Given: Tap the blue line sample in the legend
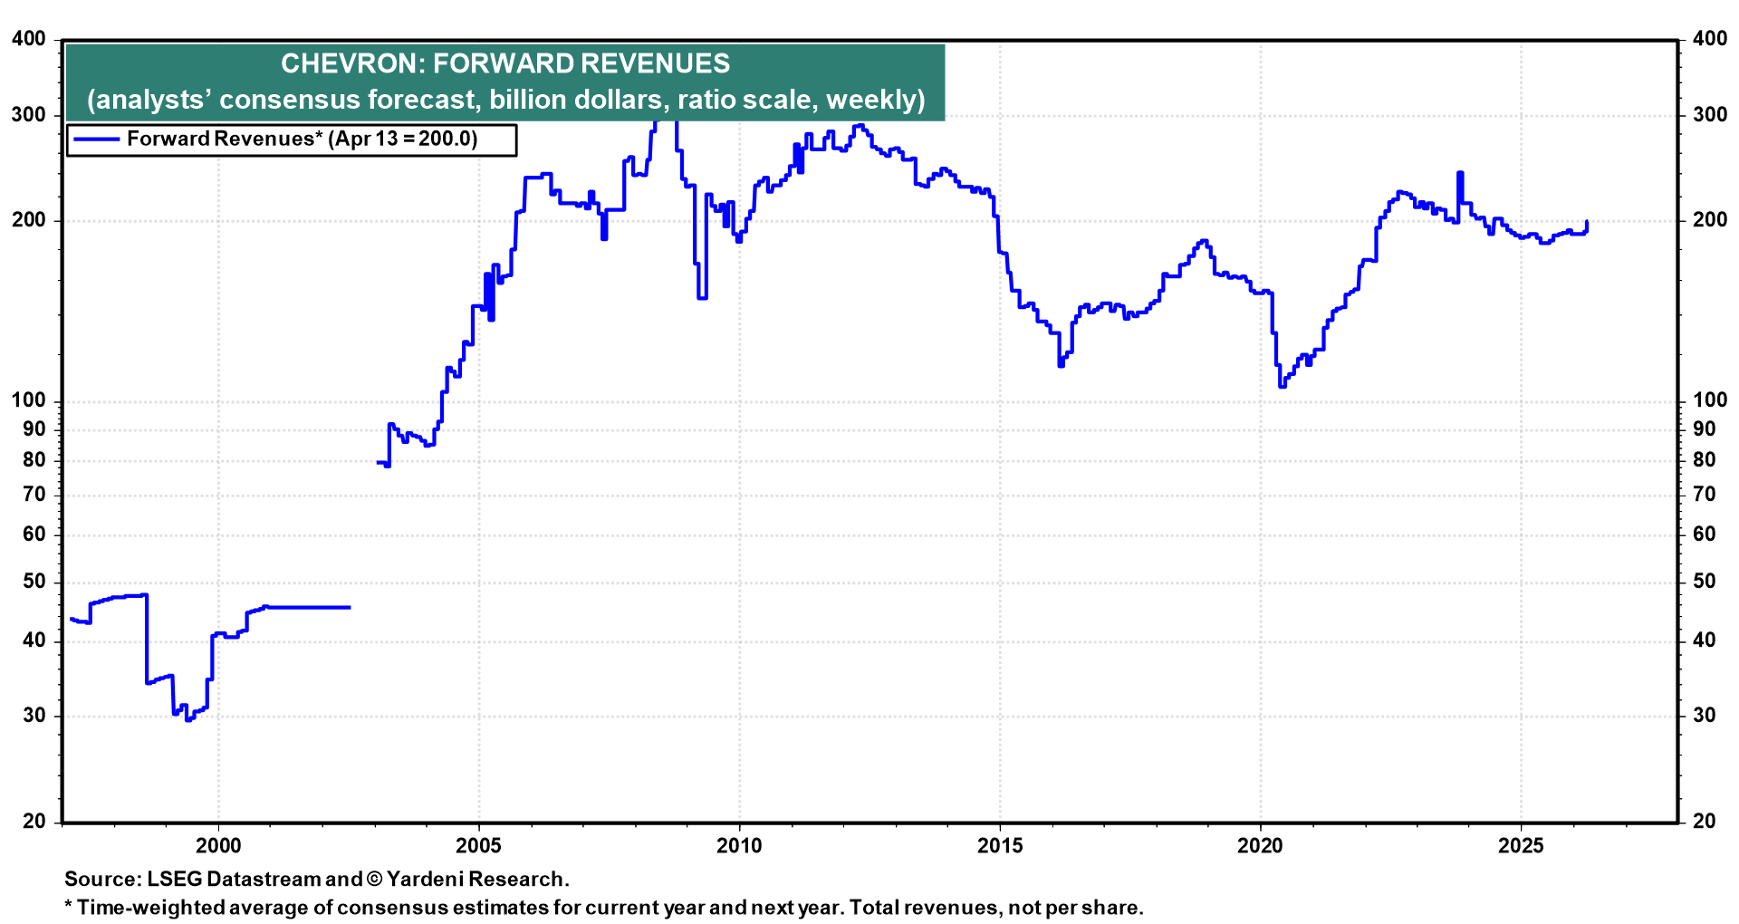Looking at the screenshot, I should [x=96, y=140].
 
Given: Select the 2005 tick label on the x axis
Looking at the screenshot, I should [x=478, y=846].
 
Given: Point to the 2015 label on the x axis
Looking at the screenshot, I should [x=999, y=846].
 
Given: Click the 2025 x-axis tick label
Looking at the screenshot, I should [x=1521, y=846].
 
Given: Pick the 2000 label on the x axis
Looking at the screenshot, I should [x=218, y=846].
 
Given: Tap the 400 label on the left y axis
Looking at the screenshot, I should [x=28, y=39].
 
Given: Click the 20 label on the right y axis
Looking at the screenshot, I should [x=1704, y=822].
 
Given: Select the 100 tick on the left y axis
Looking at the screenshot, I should [x=28, y=400].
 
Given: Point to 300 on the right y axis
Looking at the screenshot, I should [x=1709, y=115].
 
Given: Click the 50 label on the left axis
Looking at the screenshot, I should [x=34, y=582].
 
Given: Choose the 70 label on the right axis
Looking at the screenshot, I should [x=1704, y=495].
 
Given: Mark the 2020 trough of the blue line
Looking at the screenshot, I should [x=1282, y=386].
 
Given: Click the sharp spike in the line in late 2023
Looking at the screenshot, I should [x=1459, y=173].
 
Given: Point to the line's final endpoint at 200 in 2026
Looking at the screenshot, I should [x=1587, y=222].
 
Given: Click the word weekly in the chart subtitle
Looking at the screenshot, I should [x=871, y=100].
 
